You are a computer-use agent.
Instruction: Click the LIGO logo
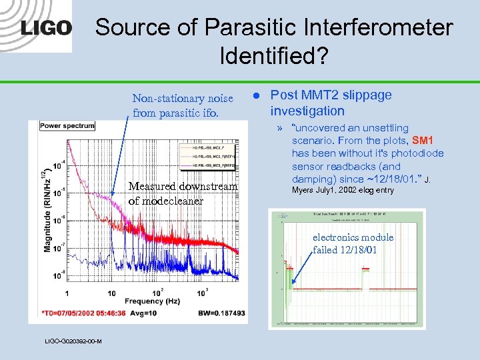(46, 28)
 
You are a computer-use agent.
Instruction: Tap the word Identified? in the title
(274, 55)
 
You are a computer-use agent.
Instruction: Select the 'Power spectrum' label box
(67, 125)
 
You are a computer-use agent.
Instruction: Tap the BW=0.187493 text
(221, 313)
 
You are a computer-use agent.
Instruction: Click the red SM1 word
(423, 141)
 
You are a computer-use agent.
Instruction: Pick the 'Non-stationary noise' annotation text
(183, 99)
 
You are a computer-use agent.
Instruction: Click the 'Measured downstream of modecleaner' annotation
(183, 193)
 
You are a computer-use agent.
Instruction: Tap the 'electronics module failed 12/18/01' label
(353, 243)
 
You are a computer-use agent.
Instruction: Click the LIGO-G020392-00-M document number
(73, 341)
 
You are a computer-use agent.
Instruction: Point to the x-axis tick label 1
(67, 293)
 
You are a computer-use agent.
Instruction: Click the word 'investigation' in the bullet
(307, 111)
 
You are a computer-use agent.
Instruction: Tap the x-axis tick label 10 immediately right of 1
(111, 293)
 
